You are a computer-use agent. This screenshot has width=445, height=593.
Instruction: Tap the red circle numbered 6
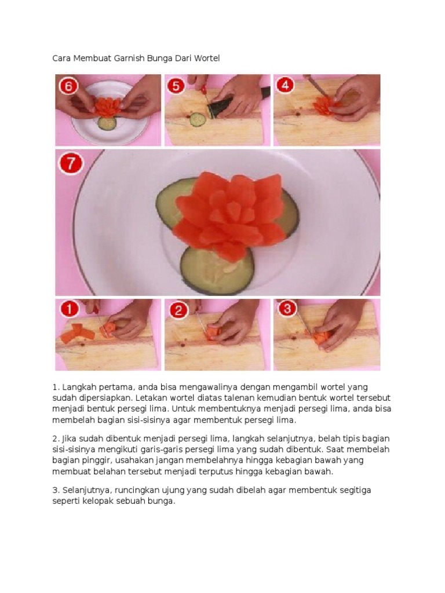tap(68, 87)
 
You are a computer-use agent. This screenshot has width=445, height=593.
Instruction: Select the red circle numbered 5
tap(176, 86)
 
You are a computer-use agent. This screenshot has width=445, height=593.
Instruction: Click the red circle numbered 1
tap(69, 309)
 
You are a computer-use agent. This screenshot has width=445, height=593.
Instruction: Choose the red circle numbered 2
tap(178, 310)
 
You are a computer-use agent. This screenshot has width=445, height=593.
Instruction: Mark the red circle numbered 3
tap(287, 309)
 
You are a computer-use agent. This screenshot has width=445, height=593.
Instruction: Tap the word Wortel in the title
tap(207, 58)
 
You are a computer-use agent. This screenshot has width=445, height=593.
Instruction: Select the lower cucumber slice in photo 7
tap(217, 270)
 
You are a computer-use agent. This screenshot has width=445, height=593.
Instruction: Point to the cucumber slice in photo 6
tap(107, 123)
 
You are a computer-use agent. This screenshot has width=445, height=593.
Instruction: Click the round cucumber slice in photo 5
tap(197, 120)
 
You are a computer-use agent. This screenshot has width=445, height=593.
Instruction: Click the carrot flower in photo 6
tap(107, 107)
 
